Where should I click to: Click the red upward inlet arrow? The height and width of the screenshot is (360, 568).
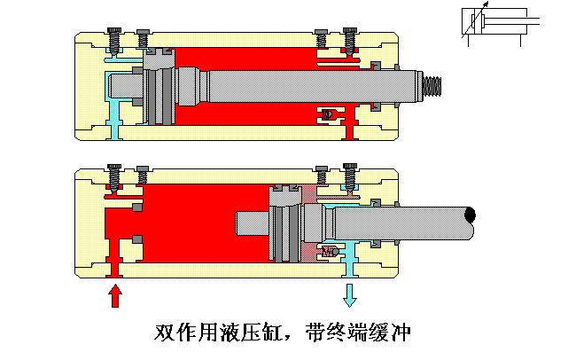(x=114, y=296)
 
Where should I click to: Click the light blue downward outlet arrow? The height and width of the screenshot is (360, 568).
(x=350, y=293)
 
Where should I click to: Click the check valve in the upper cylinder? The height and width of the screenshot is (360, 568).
(x=329, y=113)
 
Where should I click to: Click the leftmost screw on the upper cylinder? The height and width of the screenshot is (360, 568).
(x=113, y=41)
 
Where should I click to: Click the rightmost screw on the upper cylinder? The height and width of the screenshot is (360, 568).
(x=350, y=41)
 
